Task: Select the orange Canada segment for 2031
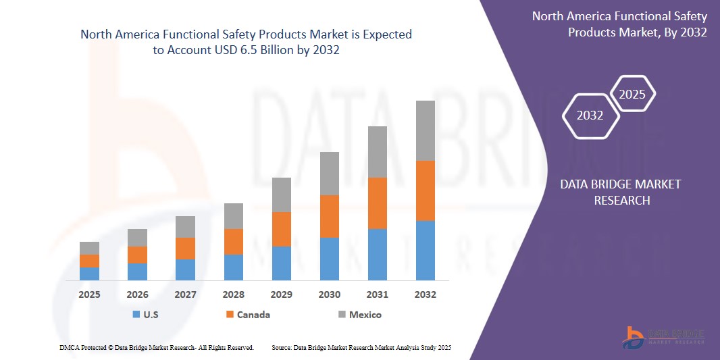click(377, 203)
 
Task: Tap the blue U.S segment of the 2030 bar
click(329, 259)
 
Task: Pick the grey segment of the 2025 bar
click(89, 248)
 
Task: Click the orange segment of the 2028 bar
click(233, 241)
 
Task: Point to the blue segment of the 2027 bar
click(185, 269)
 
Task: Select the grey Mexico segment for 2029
click(281, 195)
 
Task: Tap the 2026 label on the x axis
click(137, 294)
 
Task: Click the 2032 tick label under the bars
click(425, 294)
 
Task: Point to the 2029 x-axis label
click(281, 294)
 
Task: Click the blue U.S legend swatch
click(136, 315)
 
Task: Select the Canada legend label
click(253, 315)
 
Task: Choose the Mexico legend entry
click(365, 315)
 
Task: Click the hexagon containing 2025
click(632, 95)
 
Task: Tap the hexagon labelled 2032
click(590, 115)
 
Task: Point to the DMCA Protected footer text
click(157, 347)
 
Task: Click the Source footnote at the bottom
click(361, 347)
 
